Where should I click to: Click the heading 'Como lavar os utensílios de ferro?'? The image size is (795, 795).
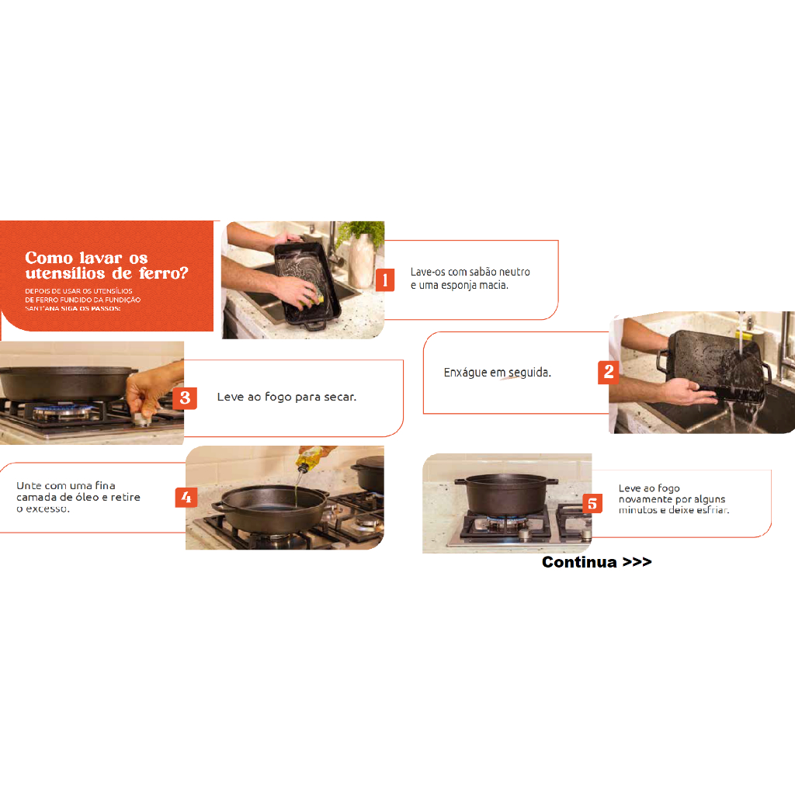(x=106, y=266)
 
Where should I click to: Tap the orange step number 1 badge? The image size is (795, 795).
(x=385, y=279)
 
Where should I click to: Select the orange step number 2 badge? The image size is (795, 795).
(x=608, y=373)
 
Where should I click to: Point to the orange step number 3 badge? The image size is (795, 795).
(x=185, y=398)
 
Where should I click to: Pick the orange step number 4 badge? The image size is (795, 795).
(x=186, y=498)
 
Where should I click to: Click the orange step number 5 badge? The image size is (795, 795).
(x=592, y=504)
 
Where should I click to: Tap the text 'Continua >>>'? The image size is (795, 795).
(x=597, y=562)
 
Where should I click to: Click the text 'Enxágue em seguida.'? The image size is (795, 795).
(x=497, y=373)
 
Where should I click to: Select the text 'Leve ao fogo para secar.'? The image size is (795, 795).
(x=286, y=397)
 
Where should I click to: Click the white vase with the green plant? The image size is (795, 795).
(x=361, y=256)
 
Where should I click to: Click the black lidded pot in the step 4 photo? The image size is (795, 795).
(x=369, y=474)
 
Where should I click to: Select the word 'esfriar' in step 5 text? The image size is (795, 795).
(x=713, y=510)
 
